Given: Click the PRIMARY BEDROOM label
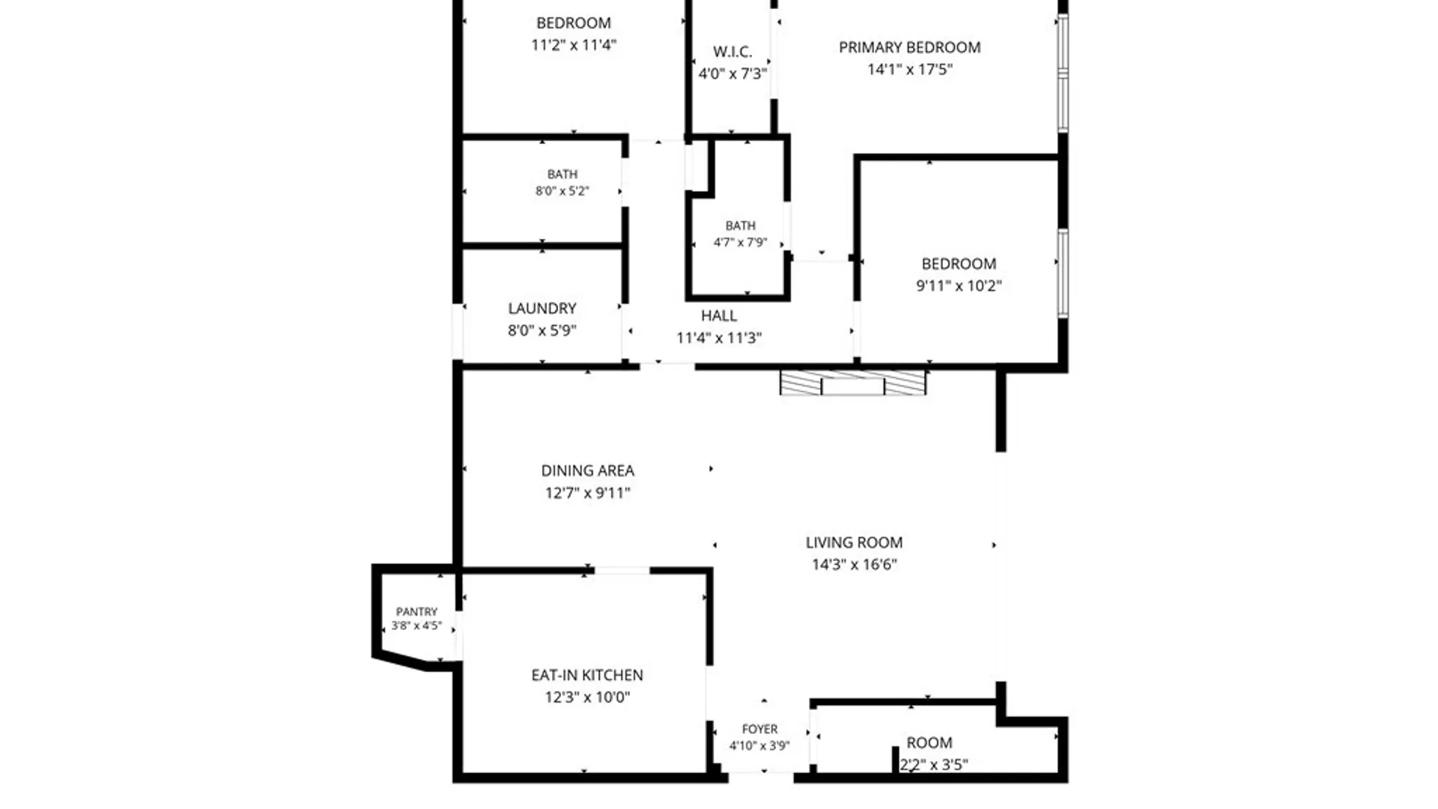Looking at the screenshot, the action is (x=909, y=47).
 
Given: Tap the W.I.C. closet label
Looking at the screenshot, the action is (x=732, y=52).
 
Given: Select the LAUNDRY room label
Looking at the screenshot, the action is (x=542, y=309).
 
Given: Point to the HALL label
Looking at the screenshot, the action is (x=719, y=316).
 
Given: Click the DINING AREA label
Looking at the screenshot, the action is (x=588, y=470).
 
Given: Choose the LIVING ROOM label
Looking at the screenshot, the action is (x=854, y=542).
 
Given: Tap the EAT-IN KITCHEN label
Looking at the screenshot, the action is (x=587, y=675).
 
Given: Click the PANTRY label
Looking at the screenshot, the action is (x=416, y=612).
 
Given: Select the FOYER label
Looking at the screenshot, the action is (x=759, y=729).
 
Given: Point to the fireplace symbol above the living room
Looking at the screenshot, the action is (x=853, y=382).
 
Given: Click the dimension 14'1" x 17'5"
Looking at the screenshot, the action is (x=910, y=70).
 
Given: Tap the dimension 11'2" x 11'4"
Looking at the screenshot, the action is (x=574, y=45).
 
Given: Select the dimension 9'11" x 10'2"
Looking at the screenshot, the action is (x=959, y=285).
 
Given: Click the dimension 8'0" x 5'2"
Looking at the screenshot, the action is (x=562, y=191).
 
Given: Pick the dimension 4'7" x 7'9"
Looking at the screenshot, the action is (x=740, y=243).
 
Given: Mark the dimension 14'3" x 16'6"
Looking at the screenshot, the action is (x=855, y=565).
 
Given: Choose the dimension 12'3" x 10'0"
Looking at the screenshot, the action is (x=587, y=697).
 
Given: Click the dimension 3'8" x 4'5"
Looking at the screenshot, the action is (x=416, y=625).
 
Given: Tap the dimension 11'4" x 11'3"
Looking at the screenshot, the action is (x=719, y=338).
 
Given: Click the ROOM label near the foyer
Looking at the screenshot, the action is (x=929, y=743).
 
